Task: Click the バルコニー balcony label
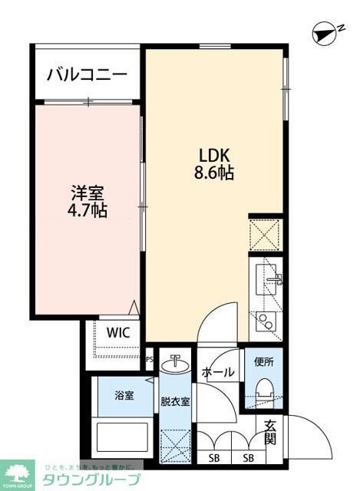pos(86,74)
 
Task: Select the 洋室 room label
pos(86,193)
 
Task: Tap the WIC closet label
pos(117,332)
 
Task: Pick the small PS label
pos(149,358)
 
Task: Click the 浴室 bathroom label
pos(124,396)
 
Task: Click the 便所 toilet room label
pos(265,361)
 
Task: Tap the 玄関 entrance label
pos(271,433)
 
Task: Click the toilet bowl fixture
pos(265,389)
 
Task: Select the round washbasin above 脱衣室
pos(176,364)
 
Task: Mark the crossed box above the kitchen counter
pos(265,234)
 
